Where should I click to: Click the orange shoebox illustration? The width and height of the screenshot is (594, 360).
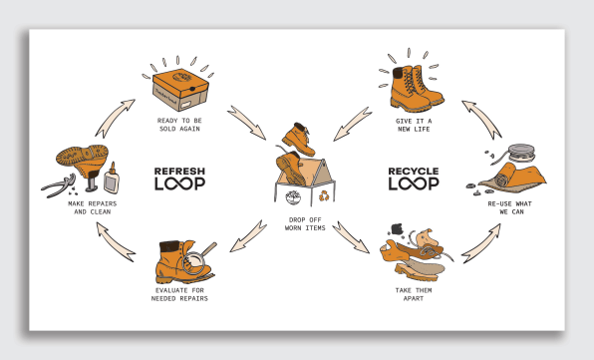pyautogui.click(x=180, y=90)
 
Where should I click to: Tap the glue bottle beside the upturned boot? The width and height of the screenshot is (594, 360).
pyautogui.click(x=112, y=179)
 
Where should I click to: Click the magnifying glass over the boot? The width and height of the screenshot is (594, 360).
pyautogui.click(x=197, y=259)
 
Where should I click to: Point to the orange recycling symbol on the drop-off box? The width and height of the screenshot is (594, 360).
pyautogui.click(x=324, y=195)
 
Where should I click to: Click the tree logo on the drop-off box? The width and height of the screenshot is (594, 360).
pyautogui.click(x=293, y=197)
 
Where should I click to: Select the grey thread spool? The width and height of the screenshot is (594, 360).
pyautogui.click(x=520, y=153)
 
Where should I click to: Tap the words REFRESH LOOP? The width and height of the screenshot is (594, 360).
pyautogui.click(x=179, y=179)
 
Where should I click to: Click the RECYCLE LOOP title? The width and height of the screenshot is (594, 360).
pyautogui.click(x=414, y=179)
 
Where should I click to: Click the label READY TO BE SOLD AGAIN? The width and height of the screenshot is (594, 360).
pyautogui.click(x=179, y=125)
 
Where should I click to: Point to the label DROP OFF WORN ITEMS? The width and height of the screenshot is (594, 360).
pyautogui.click(x=305, y=224)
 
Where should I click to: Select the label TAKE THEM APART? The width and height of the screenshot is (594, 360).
pyautogui.click(x=414, y=294)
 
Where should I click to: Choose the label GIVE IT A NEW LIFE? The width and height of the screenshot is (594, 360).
pyautogui.click(x=414, y=125)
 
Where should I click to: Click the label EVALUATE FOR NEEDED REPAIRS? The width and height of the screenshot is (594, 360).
pyautogui.click(x=179, y=294)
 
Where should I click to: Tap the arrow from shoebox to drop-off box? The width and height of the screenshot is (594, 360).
pyautogui.click(x=246, y=123)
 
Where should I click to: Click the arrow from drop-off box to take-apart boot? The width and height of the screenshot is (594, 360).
pyautogui.click(x=351, y=237)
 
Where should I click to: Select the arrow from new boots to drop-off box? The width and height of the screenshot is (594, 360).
pyautogui.click(x=353, y=124)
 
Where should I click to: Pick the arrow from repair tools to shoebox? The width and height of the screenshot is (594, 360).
pyautogui.click(x=115, y=118)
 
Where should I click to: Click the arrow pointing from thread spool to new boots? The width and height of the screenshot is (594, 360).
pyautogui.click(x=481, y=120)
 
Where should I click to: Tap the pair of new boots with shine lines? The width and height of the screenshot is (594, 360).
pyautogui.click(x=415, y=89)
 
